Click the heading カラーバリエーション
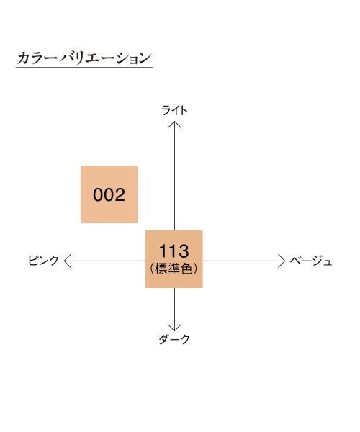[84, 58]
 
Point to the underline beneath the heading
[84, 67]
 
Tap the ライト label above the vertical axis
[174, 110]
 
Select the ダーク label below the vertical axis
[174, 339]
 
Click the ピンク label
[43, 261]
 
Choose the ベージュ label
[311, 261]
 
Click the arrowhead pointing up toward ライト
[175, 125]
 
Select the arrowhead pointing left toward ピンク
[68, 261]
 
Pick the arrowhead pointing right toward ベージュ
[282, 261]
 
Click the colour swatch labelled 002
[109, 194]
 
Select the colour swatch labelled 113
[174, 259]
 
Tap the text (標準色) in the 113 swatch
[174, 269]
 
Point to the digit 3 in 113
[183, 251]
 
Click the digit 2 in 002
[120, 194]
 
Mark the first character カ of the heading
[23, 58]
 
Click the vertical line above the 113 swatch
[175, 176]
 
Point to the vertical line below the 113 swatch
[175, 309]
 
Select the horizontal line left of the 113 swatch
[105, 261]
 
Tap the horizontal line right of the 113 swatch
[244, 261]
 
